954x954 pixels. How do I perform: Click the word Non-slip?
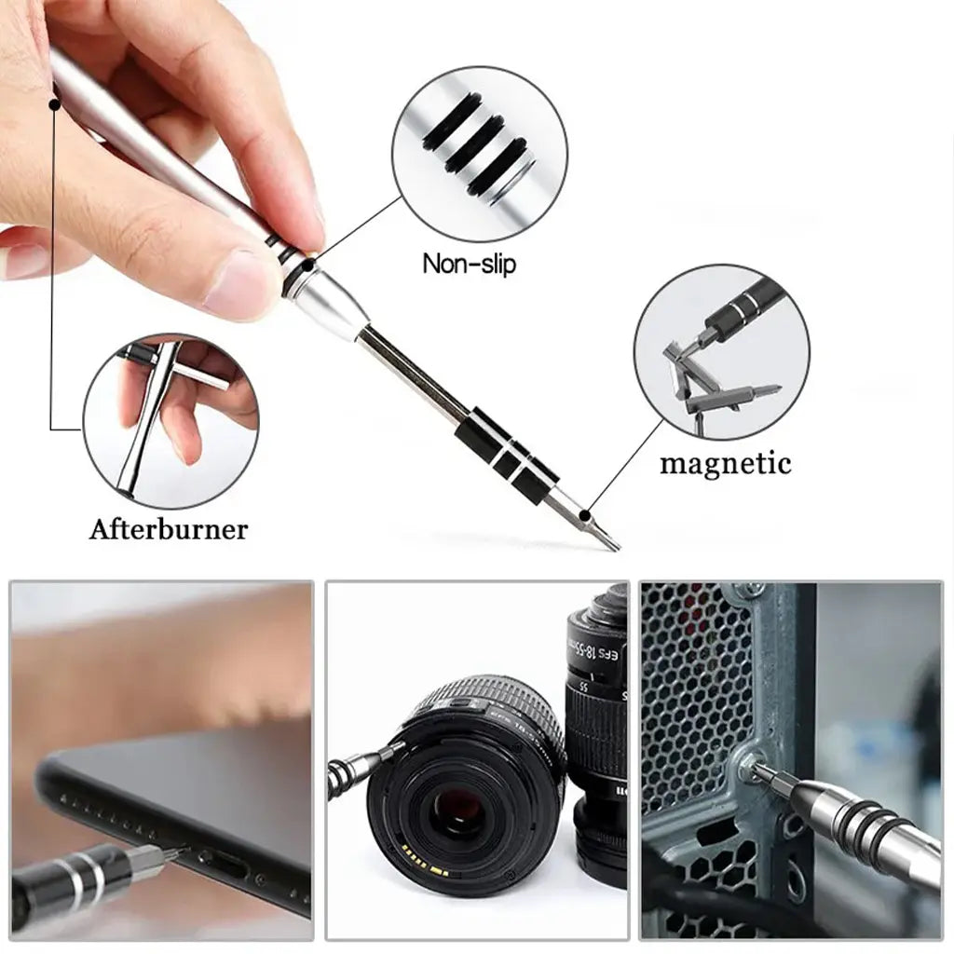click(469, 264)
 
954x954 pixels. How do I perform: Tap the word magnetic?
click(725, 463)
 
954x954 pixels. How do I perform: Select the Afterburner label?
click(169, 529)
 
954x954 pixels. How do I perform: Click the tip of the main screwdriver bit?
click(612, 544)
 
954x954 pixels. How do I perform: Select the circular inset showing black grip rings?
click(479, 154)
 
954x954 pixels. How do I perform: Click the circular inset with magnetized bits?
click(721, 351)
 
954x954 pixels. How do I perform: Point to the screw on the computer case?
click(745, 766)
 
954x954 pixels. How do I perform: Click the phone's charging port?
click(224, 866)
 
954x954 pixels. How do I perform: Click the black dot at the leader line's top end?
click(55, 106)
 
